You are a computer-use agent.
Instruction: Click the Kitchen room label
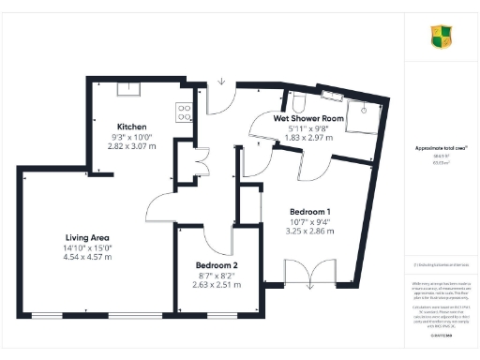[x=131, y=126]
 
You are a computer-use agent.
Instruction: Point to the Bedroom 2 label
[x=216, y=266]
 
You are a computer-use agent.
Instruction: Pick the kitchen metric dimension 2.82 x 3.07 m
[x=132, y=147]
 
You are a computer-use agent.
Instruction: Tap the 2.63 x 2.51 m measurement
[x=217, y=286]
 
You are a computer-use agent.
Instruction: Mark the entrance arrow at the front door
[x=221, y=82]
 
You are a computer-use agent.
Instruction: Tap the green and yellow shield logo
[x=442, y=37]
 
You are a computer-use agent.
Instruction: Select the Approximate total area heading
[x=441, y=148]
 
